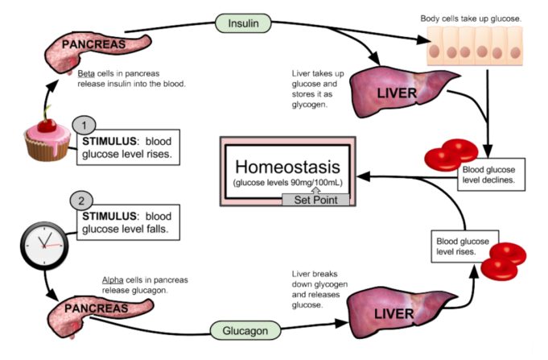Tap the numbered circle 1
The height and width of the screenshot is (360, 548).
point(84,125)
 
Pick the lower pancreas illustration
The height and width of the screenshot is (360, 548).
point(94,310)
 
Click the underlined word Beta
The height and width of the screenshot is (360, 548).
point(86,73)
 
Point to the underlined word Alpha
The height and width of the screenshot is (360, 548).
point(113,279)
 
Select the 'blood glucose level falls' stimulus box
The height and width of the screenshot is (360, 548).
point(128,223)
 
